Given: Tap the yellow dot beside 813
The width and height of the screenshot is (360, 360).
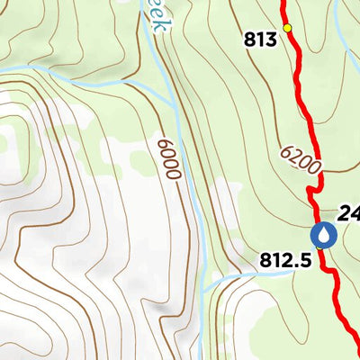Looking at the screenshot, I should pos(288,28).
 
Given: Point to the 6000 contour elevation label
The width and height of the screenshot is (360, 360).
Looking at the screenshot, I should pos(168,158).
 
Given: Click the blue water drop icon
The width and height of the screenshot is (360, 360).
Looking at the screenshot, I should pos(323,235).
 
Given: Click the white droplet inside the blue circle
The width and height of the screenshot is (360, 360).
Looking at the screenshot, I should pos(323,235).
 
